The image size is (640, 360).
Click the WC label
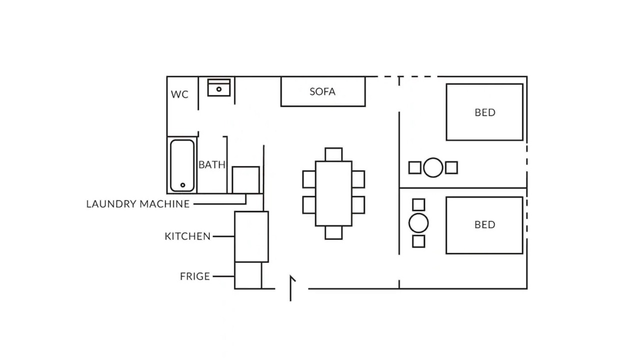[179, 94]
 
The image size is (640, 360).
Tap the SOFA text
[322, 91]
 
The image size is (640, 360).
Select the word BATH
[212, 164]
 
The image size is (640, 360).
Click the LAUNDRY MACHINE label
[138, 203]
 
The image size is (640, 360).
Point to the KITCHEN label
[187, 236]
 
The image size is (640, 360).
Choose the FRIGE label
[195, 276]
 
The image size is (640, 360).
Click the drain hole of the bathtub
[183, 185]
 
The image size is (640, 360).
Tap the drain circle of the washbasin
[219, 89]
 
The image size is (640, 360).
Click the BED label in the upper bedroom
[485, 112]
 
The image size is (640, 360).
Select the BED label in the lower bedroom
[485, 225]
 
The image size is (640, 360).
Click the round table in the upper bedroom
[433, 167]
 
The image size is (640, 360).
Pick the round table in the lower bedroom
[418, 223]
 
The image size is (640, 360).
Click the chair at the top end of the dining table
[333, 154]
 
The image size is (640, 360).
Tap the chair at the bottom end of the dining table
[333, 232]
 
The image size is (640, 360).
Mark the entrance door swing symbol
[291, 288]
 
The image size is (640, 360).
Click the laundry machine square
[246, 180]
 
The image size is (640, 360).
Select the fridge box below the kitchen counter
[248, 275]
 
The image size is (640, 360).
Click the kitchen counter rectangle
[251, 236]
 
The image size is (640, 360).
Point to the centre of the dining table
[333, 193]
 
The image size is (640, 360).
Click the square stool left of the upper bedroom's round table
[415, 167]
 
